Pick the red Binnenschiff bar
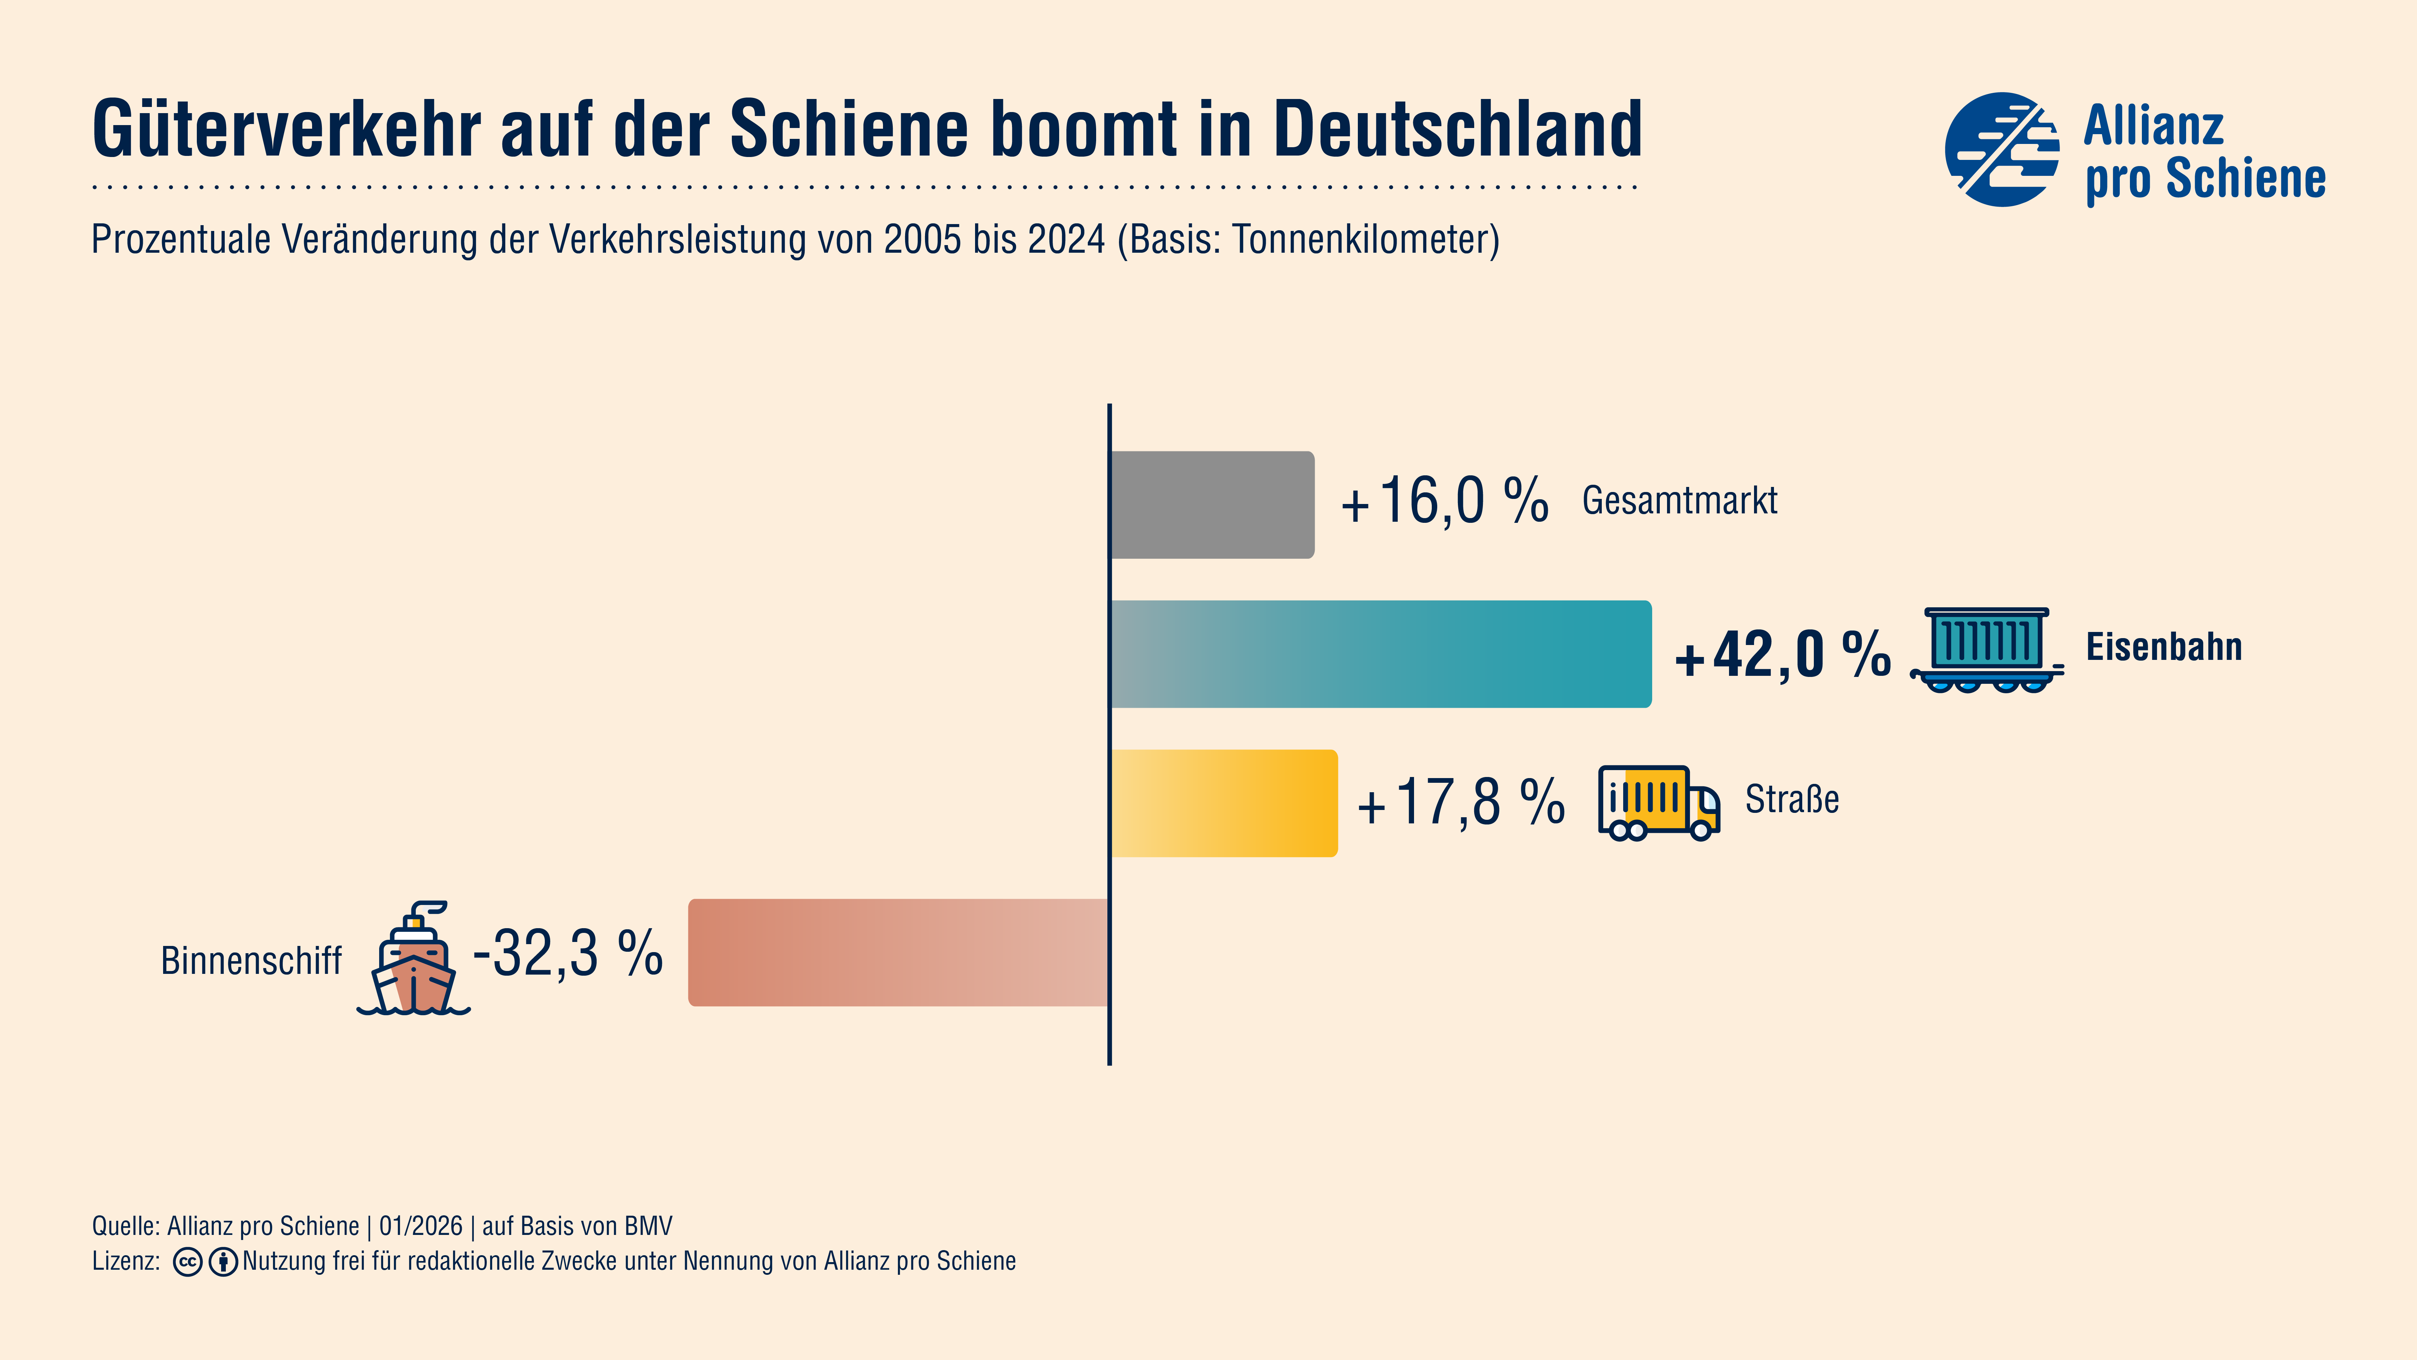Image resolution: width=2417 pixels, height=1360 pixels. click(898, 953)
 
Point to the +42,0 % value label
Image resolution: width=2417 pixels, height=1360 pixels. click(1783, 654)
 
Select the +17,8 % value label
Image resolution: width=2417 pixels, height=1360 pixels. click(1461, 802)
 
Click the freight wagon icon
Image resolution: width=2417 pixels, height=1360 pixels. click(1986, 649)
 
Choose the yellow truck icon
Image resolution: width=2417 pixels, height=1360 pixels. click(1658, 802)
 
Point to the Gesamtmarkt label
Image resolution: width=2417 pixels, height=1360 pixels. click(1679, 500)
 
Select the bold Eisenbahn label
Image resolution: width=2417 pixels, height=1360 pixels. click(2164, 648)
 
